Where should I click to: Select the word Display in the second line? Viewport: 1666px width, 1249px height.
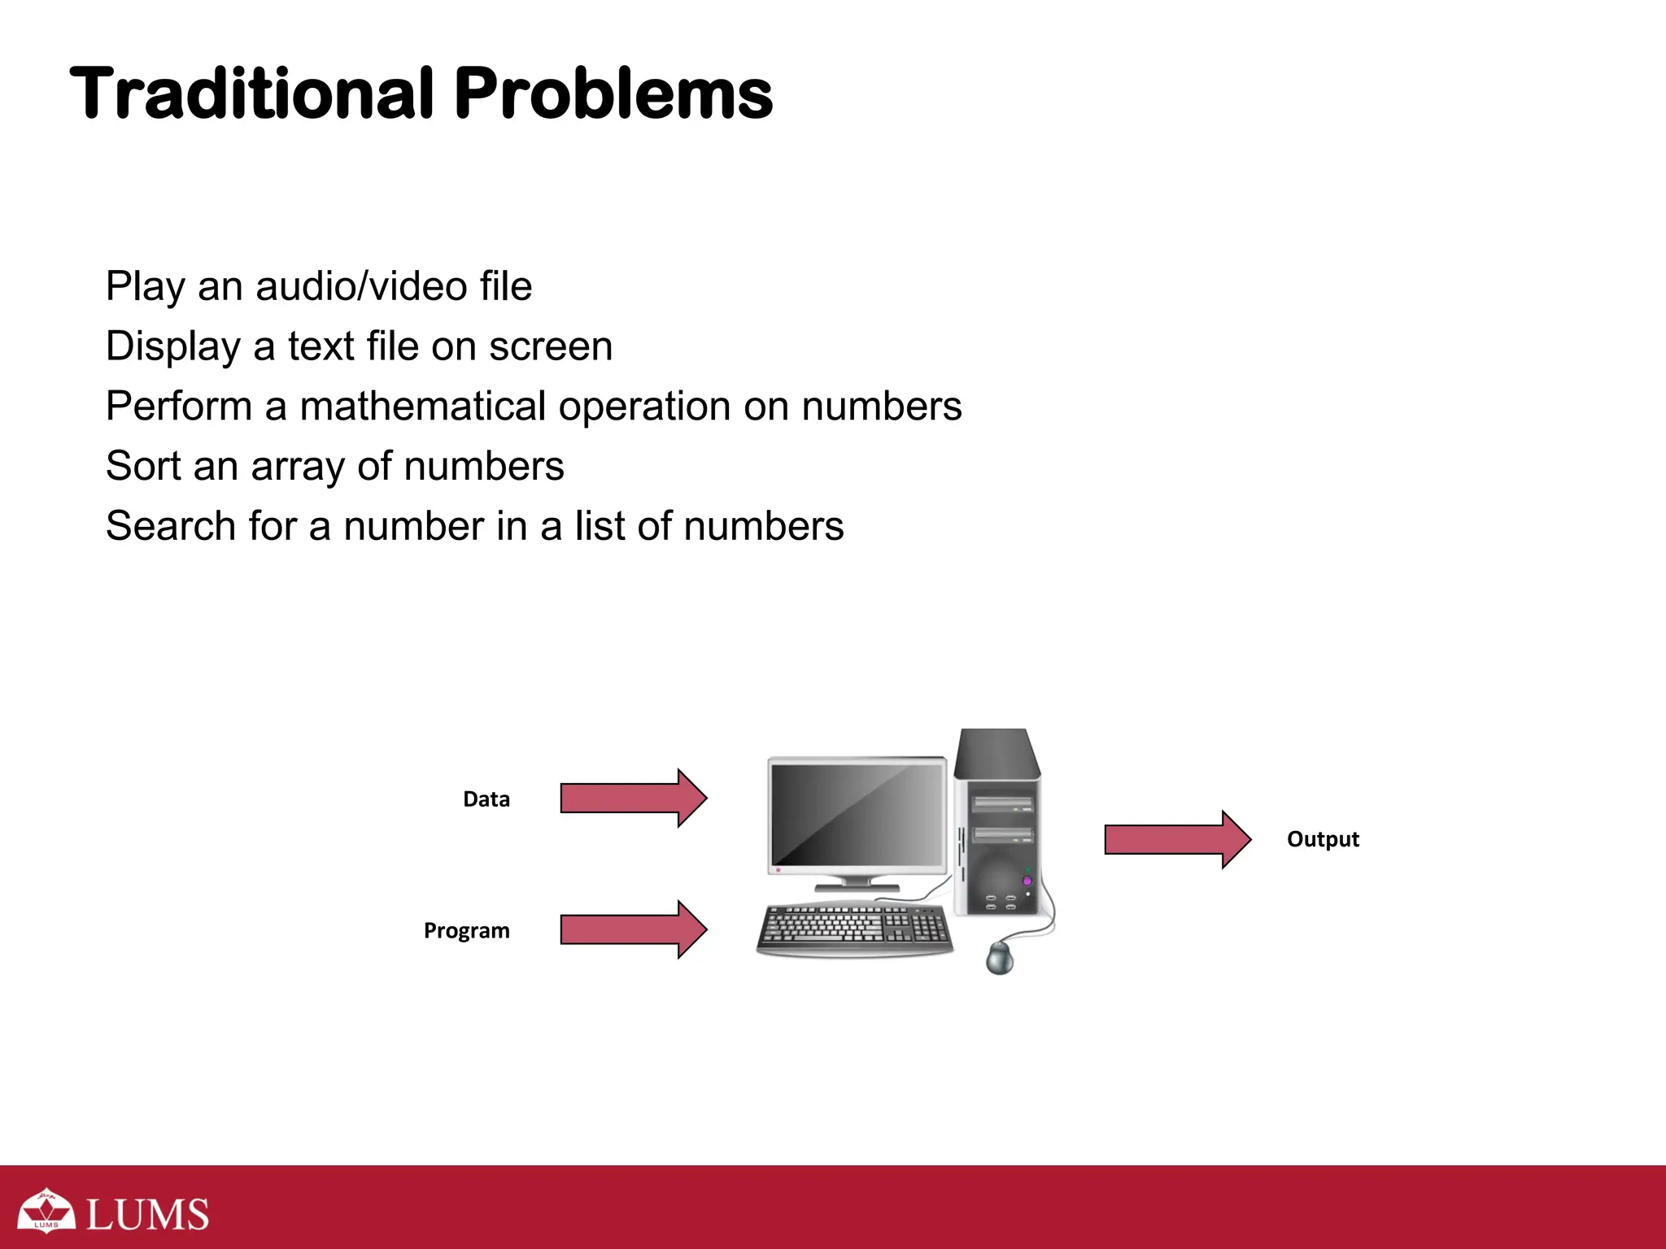click(x=173, y=347)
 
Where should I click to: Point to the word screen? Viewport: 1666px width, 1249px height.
click(x=551, y=346)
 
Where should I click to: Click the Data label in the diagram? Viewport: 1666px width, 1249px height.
click(x=486, y=799)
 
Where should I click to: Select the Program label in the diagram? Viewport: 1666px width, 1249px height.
click(x=467, y=930)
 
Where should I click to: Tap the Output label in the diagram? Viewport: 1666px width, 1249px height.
click(x=1323, y=839)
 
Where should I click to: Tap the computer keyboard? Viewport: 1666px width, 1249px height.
click(x=854, y=928)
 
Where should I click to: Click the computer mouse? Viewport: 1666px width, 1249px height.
click(x=1000, y=957)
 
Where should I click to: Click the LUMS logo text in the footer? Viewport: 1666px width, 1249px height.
click(x=147, y=1214)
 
